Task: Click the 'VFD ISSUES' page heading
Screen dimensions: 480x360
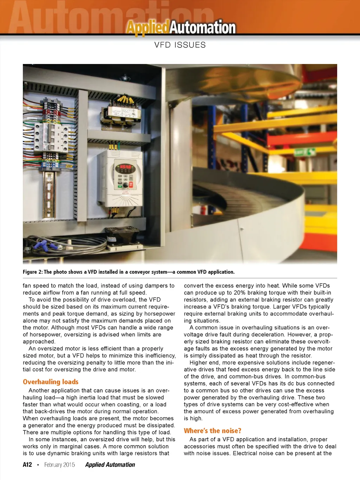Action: (180, 45)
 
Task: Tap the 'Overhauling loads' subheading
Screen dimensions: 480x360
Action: (51, 382)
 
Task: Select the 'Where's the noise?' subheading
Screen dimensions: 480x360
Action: (212, 431)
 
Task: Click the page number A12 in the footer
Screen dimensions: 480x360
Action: (27, 465)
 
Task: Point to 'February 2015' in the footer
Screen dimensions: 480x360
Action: (59, 465)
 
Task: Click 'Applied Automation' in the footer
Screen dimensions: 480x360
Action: (110, 465)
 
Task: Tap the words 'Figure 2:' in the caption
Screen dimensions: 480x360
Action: (32, 272)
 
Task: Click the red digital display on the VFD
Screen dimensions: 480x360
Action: (125, 166)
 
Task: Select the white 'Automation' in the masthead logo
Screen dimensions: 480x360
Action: (203, 27)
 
